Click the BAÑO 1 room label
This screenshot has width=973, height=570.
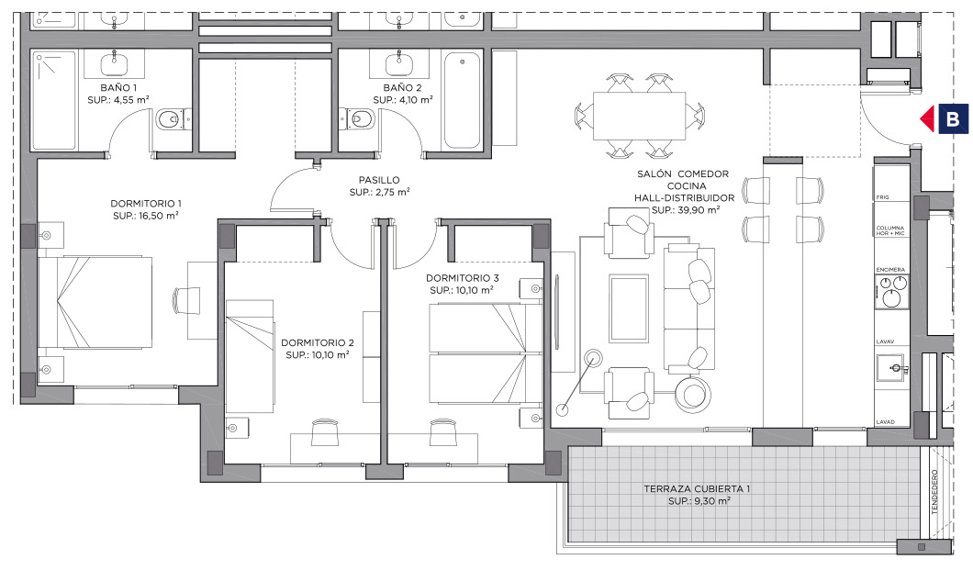pyautogui.click(x=118, y=88)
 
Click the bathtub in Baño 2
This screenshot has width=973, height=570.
pyautogui.click(x=463, y=100)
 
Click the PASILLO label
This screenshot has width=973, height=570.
pyautogui.click(x=379, y=181)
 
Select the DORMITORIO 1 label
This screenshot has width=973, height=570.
pyautogui.click(x=146, y=204)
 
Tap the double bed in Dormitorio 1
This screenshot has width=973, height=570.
pyautogui.click(x=95, y=302)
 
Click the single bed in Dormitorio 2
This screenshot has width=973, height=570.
pyautogui.click(x=250, y=357)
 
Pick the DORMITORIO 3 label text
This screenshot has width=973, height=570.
pyautogui.click(x=463, y=278)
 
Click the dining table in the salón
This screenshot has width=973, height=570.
pyautogui.click(x=639, y=116)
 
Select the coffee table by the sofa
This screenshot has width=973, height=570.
pyautogui.click(x=630, y=308)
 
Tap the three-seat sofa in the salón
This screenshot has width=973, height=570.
pyautogui.click(x=688, y=308)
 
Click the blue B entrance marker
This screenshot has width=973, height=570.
pyautogui.click(x=953, y=118)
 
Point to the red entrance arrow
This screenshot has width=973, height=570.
pyautogui.click(x=927, y=118)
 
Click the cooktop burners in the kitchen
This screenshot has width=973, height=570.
pyautogui.click(x=891, y=292)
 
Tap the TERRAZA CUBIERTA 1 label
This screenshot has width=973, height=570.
pyautogui.click(x=697, y=488)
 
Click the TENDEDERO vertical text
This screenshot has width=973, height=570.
pyautogui.click(x=934, y=492)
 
